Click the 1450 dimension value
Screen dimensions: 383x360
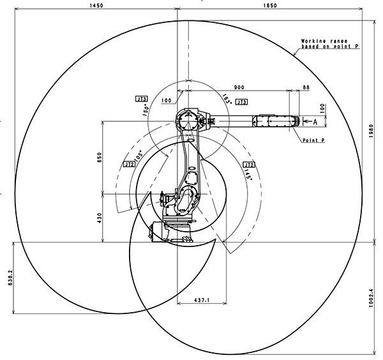96,5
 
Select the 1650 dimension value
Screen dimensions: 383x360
270,5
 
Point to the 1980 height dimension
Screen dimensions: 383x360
372,131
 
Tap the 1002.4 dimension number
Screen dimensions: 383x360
372,298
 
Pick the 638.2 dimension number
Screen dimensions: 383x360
10,278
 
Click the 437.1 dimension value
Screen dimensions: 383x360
202,299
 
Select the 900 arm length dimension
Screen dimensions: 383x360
239,87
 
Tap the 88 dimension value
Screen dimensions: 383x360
306,87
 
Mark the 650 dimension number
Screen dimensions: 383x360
100,158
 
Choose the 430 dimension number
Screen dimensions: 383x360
100,218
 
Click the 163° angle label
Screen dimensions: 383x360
227,99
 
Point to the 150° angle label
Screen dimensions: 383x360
146,110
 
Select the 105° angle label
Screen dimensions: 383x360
139,155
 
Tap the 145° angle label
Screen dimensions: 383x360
248,174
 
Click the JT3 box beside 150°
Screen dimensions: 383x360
142,99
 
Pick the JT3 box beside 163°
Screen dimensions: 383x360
241,102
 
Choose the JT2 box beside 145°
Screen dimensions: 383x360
249,165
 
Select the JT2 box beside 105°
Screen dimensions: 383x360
129,165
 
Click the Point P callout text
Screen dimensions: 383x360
313,140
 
